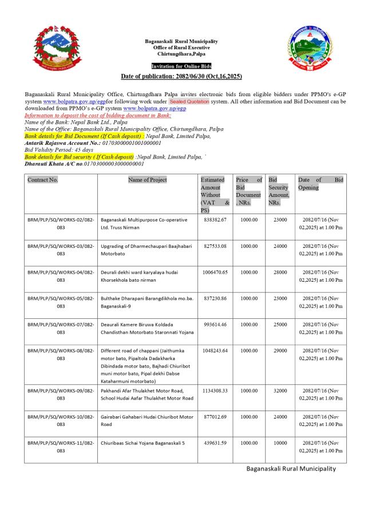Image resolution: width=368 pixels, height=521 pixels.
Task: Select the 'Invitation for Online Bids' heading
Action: coord(181,67)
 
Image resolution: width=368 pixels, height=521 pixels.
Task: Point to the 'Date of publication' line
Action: coord(181,76)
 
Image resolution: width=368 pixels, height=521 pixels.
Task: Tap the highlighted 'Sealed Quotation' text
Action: coord(189,101)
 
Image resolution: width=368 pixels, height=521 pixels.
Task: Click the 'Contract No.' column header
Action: coord(43,180)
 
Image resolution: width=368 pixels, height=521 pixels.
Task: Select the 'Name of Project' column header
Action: coord(148,180)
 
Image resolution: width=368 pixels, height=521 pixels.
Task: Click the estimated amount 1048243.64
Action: coord(215,350)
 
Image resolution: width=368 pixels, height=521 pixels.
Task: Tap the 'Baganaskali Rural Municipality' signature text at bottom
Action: coord(291,469)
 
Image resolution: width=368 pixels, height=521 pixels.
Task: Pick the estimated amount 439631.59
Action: coord(215,443)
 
